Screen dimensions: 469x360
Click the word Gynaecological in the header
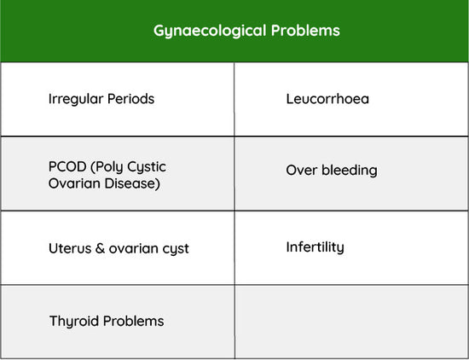pyautogui.click(x=210, y=31)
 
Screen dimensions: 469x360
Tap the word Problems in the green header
pyautogui.click(x=305, y=30)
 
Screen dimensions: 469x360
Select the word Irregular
pyautogui.click(x=76, y=100)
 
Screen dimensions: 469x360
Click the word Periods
pyautogui.click(x=130, y=99)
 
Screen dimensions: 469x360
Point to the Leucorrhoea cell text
pyautogui.click(x=327, y=99)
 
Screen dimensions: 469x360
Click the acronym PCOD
pyautogui.click(x=67, y=166)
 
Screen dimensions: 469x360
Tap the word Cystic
pyautogui.click(x=147, y=167)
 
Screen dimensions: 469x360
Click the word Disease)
pyautogui.click(x=132, y=183)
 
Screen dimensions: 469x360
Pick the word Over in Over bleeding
pyautogui.click(x=302, y=171)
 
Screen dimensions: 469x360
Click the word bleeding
pyautogui.click(x=350, y=171)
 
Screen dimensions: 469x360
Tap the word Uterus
pyautogui.click(x=70, y=248)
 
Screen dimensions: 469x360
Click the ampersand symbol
pyautogui.click(x=100, y=248)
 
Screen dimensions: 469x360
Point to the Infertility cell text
pyautogui.click(x=315, y=247)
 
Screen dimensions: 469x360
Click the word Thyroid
pyautogui.click(x=74, y=322)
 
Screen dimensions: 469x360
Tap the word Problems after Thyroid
pyautogui.click(x=133, y=321)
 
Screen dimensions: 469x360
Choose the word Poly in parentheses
pyautogui.click(x=107, y=167)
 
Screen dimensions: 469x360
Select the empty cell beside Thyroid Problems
pyautogui.click(x=351, y=322)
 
